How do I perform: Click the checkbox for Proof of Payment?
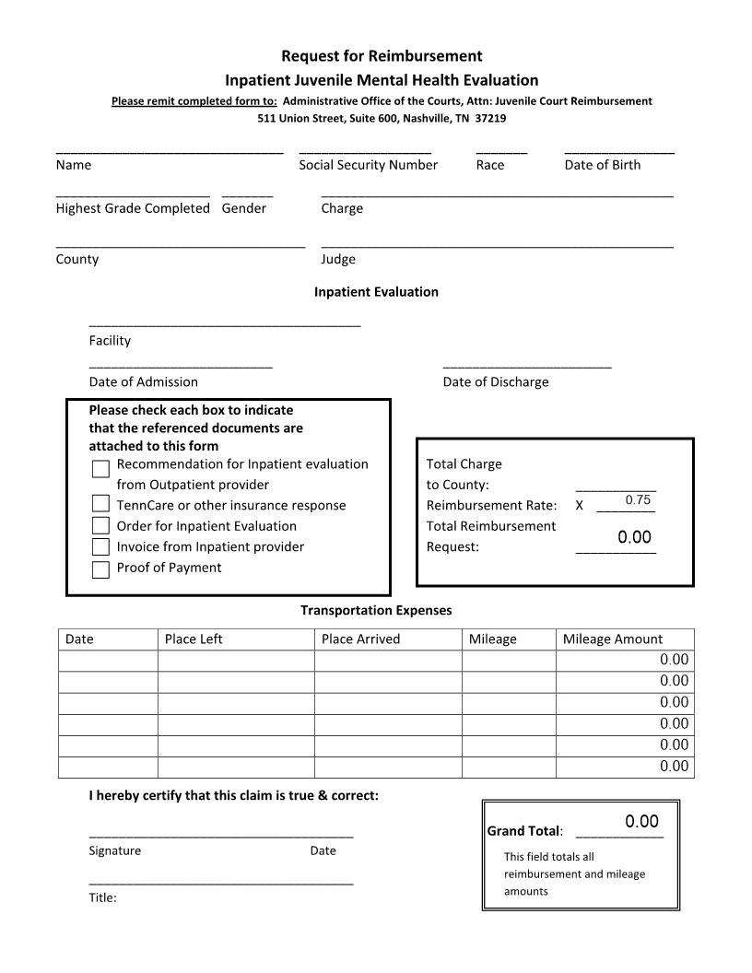101,569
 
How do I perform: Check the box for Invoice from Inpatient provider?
101,547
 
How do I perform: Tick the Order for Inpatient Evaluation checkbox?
101,526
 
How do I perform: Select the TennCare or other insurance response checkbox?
101,504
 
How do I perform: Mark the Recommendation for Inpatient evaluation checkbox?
101,470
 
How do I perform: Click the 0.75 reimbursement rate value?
638,500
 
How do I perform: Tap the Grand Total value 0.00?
641,822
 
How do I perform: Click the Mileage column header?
493,639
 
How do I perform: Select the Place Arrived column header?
360,639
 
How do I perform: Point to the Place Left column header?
194,639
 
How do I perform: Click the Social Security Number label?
368,165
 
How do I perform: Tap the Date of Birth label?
602,165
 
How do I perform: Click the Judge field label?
338,259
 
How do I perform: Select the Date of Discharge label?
495,381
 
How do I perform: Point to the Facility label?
110,341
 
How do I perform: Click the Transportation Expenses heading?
376,610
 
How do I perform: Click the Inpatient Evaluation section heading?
376,292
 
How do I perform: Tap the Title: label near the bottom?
102,897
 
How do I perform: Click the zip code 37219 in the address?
490,119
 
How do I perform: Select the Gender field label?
243,208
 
